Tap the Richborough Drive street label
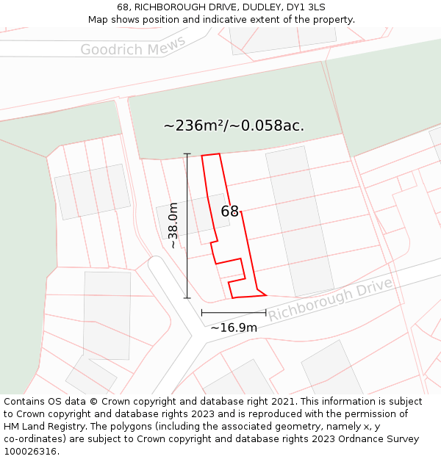pos(330,299)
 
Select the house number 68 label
pos(229,211)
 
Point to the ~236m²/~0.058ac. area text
pos(234,126)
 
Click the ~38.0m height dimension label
pos(173,225)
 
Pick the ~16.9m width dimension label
pos(234,328)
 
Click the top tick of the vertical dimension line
pos(187,154)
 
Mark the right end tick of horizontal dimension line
pos(265,313)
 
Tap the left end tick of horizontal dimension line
pos(202,313)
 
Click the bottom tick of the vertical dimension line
pos(187,298)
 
